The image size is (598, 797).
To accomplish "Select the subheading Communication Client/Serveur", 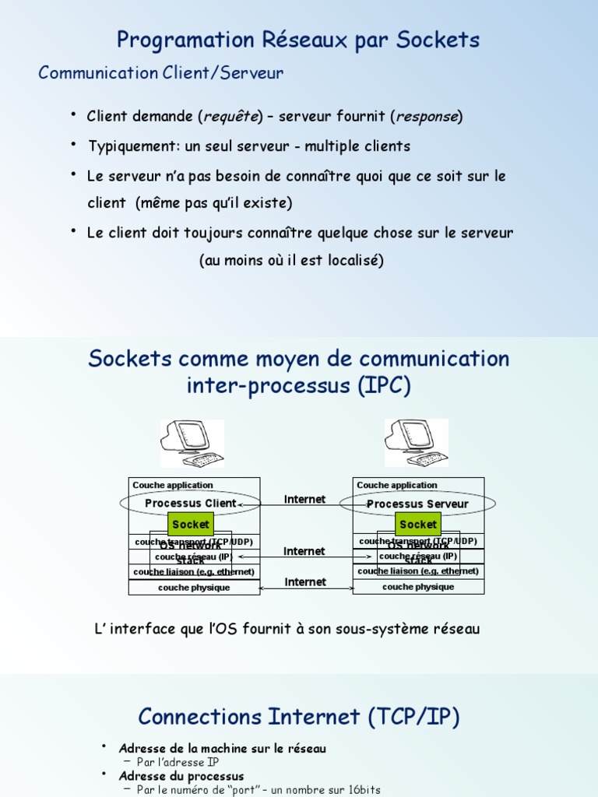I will pos(161,73).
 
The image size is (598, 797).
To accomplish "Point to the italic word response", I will pos(427,117).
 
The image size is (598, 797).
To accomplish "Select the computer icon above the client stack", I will pos(192,444).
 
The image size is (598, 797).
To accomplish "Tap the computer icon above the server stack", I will pos(417,444).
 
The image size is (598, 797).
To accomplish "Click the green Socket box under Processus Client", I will pos(191,525).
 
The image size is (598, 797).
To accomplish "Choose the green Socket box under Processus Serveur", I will pos(418,525).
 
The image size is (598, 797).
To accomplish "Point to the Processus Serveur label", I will pos(418,504).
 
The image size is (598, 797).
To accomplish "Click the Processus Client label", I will pos(190,504).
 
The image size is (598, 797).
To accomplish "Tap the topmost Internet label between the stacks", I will pos(305,500).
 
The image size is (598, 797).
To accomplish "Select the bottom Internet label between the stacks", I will pos(305,582).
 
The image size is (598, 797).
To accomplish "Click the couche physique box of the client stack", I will pos(194,588).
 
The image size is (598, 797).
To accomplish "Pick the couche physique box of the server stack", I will pos(418,587).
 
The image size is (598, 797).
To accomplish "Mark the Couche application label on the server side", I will pos(397,485).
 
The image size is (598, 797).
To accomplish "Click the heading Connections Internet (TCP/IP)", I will pos(299,716).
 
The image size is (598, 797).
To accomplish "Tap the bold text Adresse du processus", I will pos(181,776).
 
